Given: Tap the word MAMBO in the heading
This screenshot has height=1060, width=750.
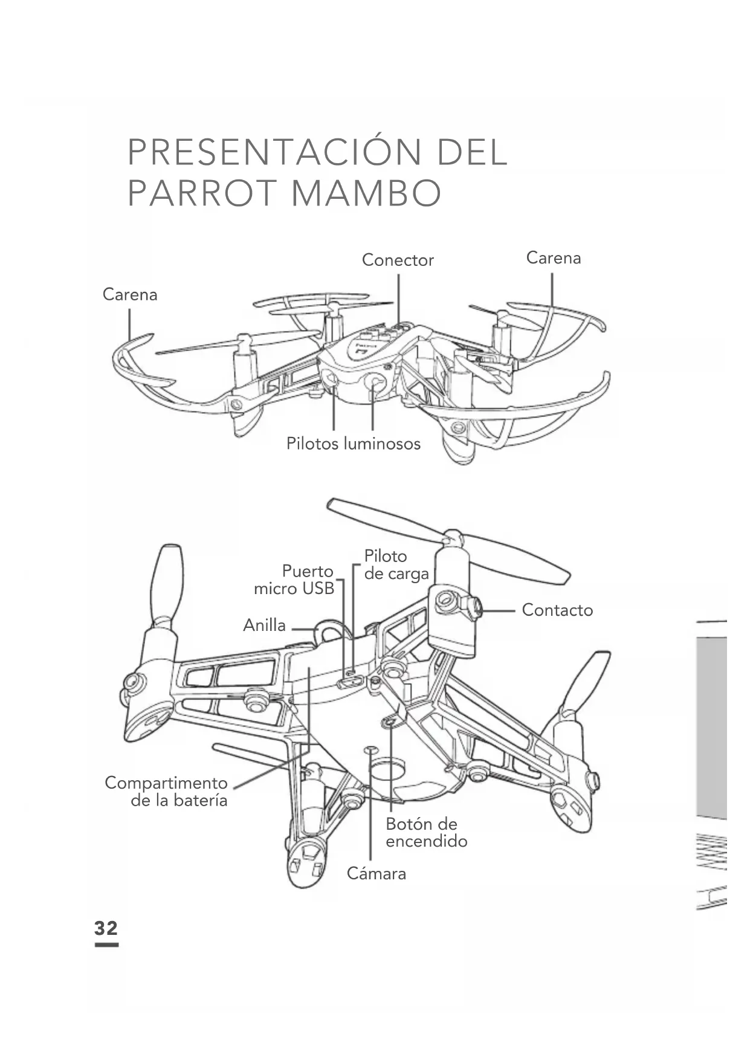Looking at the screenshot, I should [x=367, y=193].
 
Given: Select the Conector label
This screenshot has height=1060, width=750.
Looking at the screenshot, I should [x=398, y=260].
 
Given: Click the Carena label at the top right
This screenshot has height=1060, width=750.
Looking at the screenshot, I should [x=553, y=257].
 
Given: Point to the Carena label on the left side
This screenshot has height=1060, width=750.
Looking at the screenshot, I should [x=130, y=294].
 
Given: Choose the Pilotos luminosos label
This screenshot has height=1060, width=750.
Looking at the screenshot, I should [x=353, y=444].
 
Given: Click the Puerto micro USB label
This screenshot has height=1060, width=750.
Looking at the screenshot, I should [x=294, y=580].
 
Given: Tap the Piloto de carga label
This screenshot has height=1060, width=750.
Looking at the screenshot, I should [x=396, y=564].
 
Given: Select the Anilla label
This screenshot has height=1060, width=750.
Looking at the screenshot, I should [x=264, y=625].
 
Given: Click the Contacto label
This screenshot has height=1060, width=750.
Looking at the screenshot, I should [x=557, y=610].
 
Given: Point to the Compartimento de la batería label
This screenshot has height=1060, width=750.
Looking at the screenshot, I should [x=167, y=791].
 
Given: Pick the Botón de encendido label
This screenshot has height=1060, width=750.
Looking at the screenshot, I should [x=426, y=832].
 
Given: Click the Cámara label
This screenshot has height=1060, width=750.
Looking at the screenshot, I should [x=376, y=873].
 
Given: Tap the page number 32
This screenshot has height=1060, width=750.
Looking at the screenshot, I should [x=106, y=928].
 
